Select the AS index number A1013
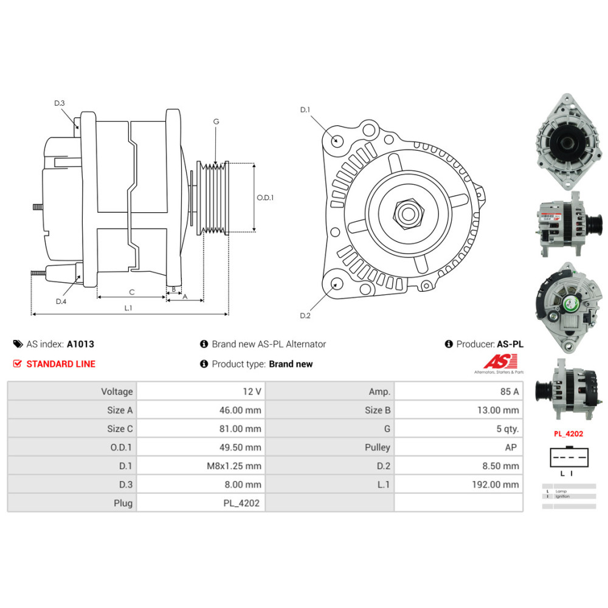(x=80, y=344)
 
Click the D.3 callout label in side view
(x=59, y=103)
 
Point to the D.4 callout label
(x=61, y=302)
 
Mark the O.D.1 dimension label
(x=265, y=198)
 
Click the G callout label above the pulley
(x=216, y=122)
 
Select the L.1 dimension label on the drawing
(x=128, y=308)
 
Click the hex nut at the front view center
(x=406, y=213)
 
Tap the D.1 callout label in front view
(x=305, y=110)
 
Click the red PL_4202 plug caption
(x=568, y=434)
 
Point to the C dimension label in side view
(x=131, y=292)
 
